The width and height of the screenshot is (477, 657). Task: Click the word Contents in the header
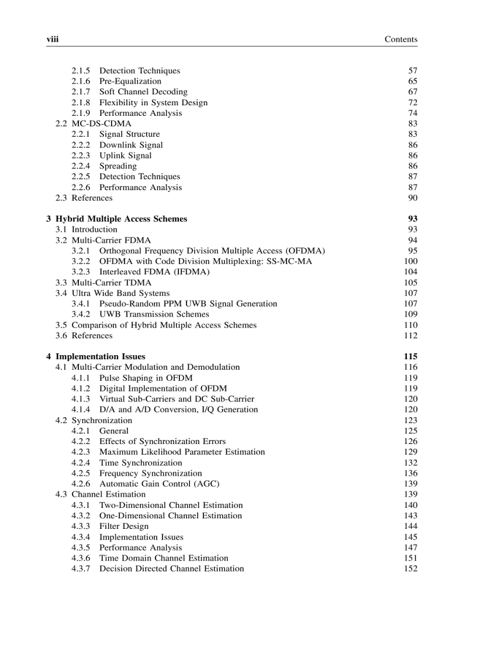(400, 39)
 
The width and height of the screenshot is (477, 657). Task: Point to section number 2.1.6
(81, 81)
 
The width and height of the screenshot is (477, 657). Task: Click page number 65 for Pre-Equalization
(413, 81)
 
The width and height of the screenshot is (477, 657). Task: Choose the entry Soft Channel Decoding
(143, 92)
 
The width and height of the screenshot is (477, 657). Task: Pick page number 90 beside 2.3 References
(413, 198)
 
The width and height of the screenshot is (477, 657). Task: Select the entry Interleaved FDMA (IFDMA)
(154, 272)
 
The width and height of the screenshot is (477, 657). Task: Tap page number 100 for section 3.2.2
(411, 262)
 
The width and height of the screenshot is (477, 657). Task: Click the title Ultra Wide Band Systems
(120, 293)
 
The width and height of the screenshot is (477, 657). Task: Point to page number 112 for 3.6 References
(411, 336)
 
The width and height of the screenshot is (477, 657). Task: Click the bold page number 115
(410, 356)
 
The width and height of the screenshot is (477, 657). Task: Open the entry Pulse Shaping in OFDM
(146, 378)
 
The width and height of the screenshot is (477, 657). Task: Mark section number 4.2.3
(81, 452)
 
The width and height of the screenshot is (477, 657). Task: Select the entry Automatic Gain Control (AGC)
(159, 484)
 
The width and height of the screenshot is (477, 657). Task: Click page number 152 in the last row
(411, 569)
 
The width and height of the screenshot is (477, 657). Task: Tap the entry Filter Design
(123, 527)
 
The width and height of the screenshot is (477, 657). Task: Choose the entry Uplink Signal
(125, 156)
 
